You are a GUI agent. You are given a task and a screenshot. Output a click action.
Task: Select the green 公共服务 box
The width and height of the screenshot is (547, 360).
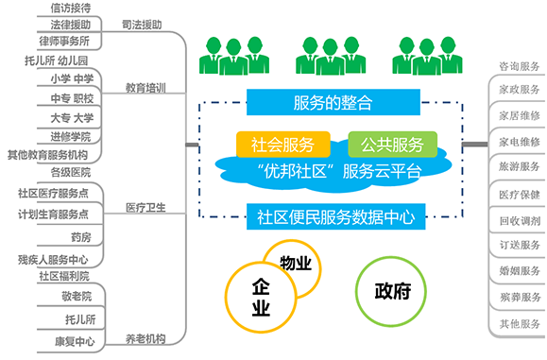(392, 145)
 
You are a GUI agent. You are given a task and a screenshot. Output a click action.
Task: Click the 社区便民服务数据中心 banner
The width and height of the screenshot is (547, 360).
(335, 216)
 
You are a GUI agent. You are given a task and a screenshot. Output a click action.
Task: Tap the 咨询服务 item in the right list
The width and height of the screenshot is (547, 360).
(519, 67)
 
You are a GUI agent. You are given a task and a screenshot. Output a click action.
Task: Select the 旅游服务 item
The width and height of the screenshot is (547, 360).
(519, 165)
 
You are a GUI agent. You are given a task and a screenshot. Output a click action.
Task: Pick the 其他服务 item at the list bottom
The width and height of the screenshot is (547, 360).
(519, 323)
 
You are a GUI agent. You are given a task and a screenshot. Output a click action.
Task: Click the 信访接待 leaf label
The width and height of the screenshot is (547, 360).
(73, 9)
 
